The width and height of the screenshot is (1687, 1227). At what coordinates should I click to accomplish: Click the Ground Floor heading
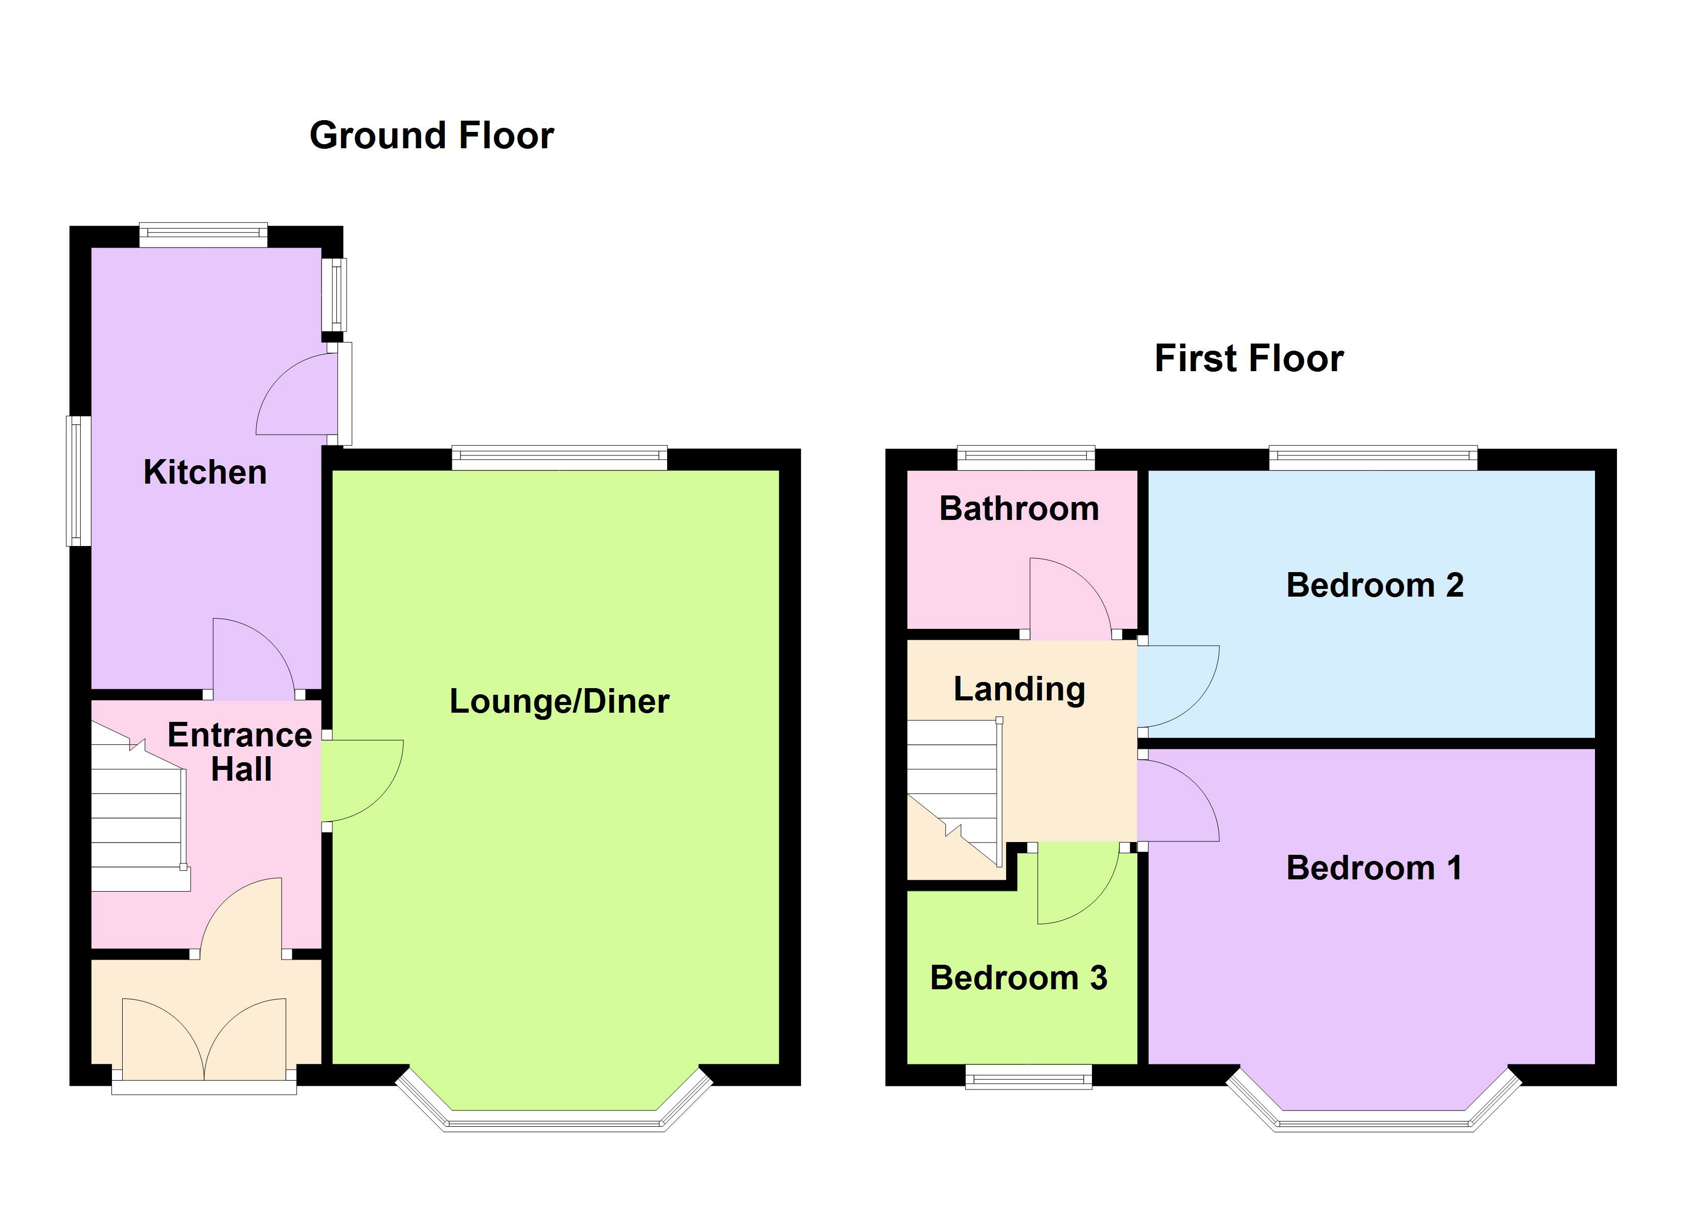pos(431,135)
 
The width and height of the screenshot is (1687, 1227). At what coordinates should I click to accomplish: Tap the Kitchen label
pos(204,472)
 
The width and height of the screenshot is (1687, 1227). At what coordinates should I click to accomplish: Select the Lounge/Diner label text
pos(559,701)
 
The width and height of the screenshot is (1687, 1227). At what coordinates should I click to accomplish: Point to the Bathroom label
pos(1019,509)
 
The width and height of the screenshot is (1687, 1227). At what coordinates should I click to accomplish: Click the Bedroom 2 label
pos(1375,585)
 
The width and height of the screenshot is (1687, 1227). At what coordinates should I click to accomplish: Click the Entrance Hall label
pos(240,752)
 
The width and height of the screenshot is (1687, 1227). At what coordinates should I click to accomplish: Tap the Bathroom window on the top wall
pos(1025,457)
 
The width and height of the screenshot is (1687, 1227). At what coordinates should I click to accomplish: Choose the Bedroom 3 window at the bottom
pos(1028,1076)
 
